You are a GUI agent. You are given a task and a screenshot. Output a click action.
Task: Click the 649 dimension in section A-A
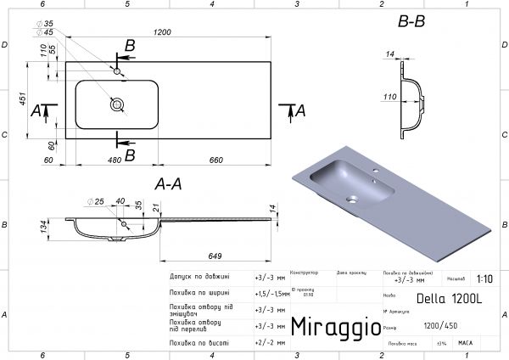pyautogui.click(x=216, y=255)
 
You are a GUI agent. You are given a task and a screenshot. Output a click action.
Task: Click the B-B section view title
pyautogui.click(x=411, y=22)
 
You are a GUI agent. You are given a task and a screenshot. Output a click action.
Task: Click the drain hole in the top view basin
pyautogui.click(x=116, y=104)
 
